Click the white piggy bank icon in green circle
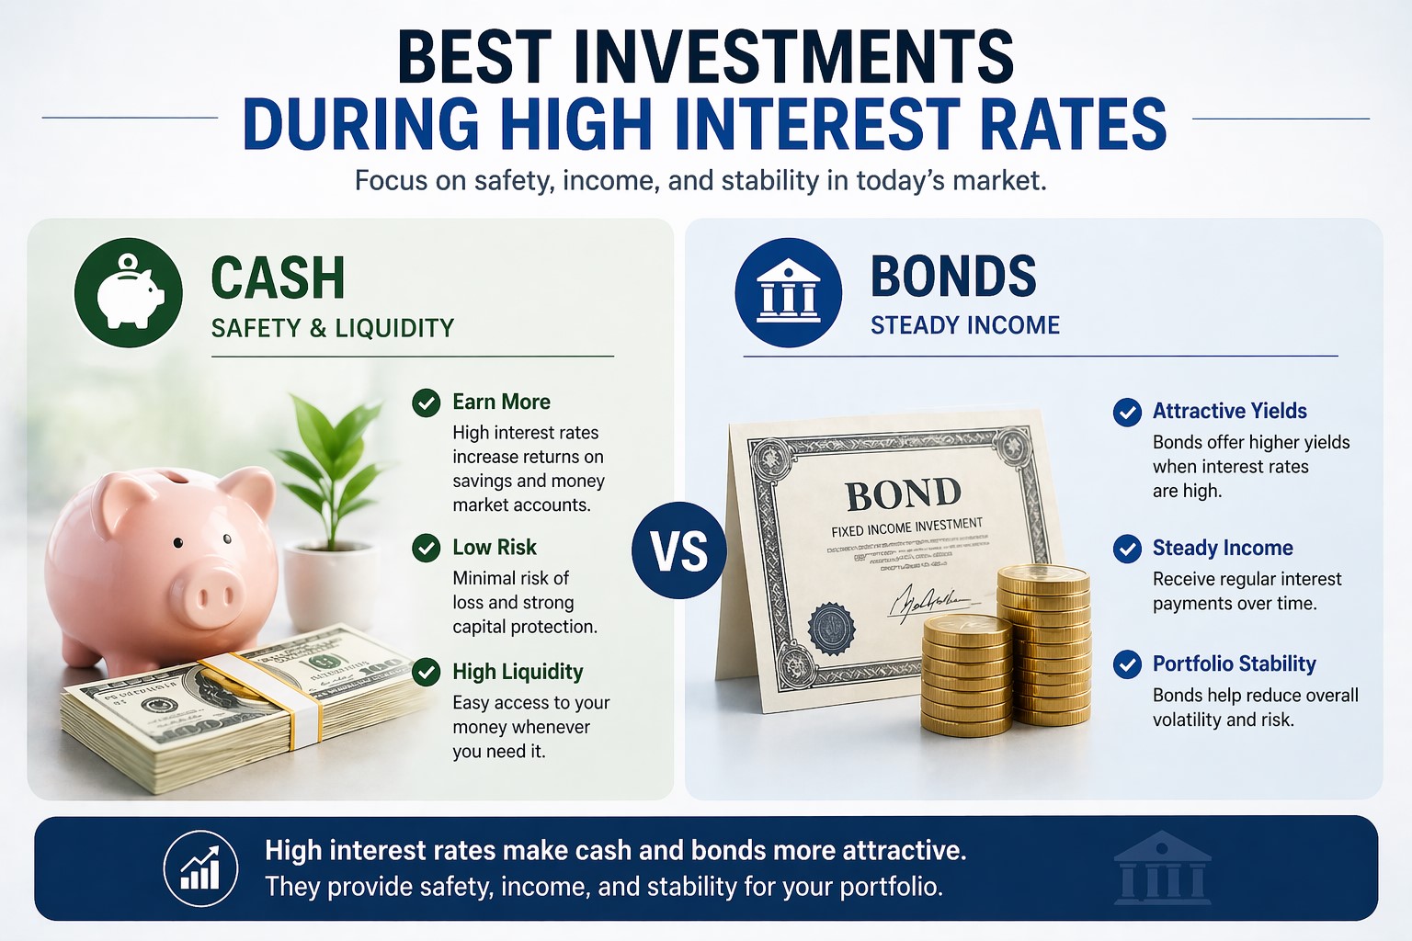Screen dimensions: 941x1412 tap(129, 292)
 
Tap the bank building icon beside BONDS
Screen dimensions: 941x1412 tap(788, 292)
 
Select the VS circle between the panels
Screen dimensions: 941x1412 tap(679, 550)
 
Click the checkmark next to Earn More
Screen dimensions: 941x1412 tap(426, 402)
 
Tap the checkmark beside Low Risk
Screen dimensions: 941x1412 tap(426, 548)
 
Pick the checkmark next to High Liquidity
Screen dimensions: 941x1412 tap(426, 672)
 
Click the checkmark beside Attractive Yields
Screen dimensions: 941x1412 tap(1127, 412)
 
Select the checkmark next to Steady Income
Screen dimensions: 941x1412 tap(1127, 549)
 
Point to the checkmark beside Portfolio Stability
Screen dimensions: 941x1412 tap(1127, 663)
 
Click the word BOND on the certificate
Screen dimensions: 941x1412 tap(903, 494)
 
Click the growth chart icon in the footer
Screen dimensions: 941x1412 tap(200, 868)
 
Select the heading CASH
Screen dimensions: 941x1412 tap(278, 278)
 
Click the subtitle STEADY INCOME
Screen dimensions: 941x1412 tap(965, 325)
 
